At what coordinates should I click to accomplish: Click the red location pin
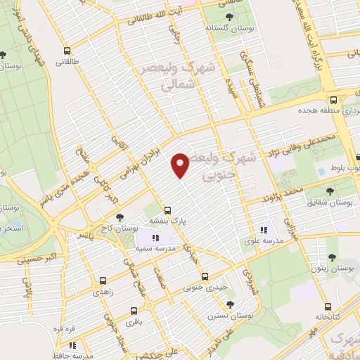click(x=181, y=165)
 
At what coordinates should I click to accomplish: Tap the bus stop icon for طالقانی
click(x=67, y=51)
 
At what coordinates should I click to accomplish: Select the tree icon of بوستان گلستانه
click(x=229, y=17)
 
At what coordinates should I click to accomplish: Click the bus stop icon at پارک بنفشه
click(x=167, y=210)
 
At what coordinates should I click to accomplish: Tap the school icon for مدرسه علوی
click(x=264, y=229)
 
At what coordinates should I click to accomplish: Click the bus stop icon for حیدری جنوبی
click(x=205, y=276)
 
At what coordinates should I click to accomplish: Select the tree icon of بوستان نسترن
click(x=230, y=304)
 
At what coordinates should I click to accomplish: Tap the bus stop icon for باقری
click(x=134, y=310)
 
